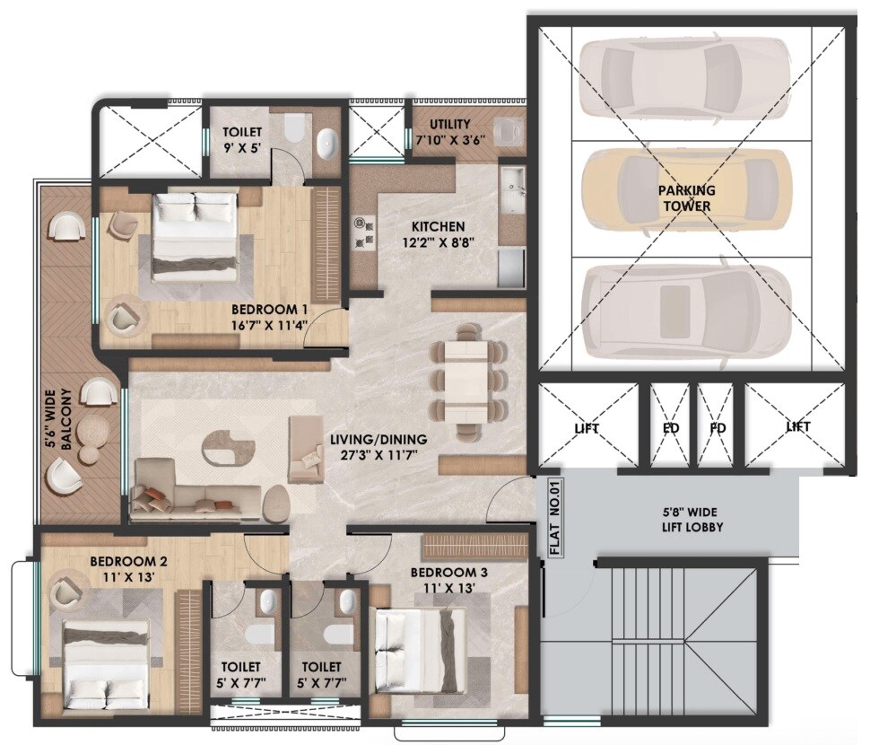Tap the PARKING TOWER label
click(687, 198)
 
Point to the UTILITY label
click(450, 124)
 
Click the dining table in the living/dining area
click(465, 379)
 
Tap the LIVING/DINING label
click(378, 440)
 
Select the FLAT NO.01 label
click(553, 521)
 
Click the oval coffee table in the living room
click(228, 447)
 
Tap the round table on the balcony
click(89, 434)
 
